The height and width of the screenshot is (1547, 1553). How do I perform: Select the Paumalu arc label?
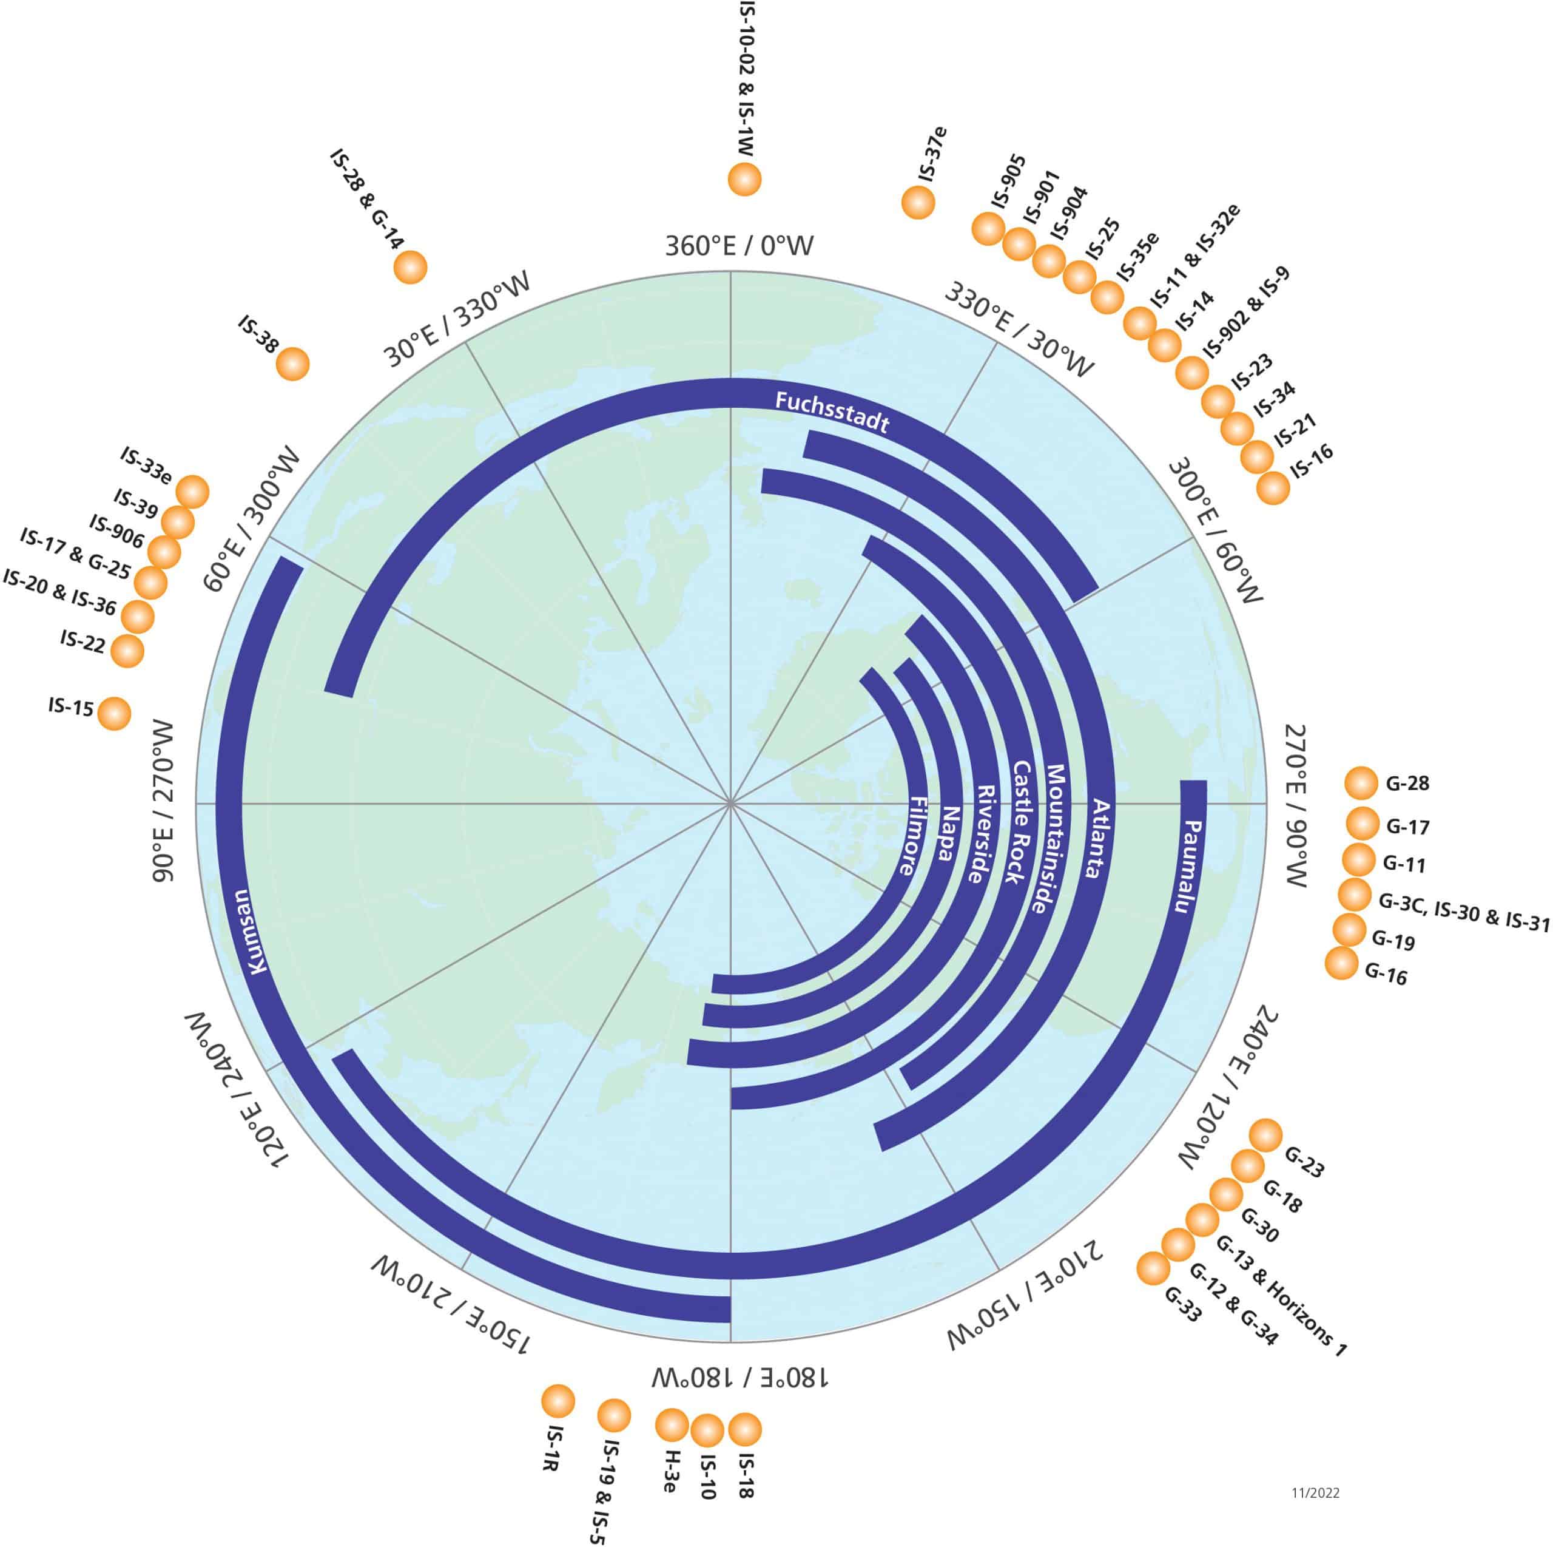tap(1195, 866)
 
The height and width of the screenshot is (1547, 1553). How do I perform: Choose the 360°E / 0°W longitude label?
tap(739, 245)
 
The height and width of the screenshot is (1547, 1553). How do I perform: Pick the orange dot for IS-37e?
tap(918, 202)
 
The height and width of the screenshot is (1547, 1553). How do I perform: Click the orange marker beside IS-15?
tap(113, 713)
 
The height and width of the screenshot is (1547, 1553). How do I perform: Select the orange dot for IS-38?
tap(292, 364)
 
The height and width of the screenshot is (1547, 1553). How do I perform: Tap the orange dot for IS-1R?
tap(558, 1401)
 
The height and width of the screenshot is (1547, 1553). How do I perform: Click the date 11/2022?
tap(1315, 1493)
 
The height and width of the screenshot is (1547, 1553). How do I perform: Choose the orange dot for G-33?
tap(1153, 1268)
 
